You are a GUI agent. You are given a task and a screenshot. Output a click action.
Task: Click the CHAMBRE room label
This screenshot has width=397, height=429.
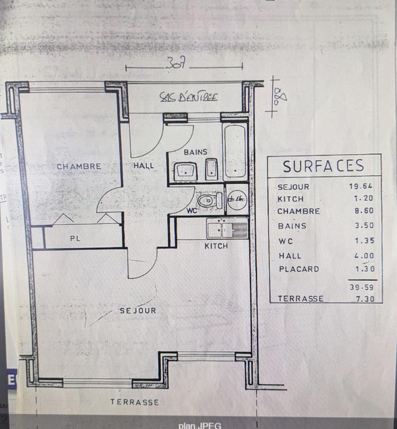point(79,166)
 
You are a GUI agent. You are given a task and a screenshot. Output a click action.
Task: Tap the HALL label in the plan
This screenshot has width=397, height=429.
point(143,166)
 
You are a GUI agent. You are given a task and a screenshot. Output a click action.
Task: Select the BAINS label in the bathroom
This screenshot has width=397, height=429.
point(195,152)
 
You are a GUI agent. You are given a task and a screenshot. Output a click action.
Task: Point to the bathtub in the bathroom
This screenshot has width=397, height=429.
point(235,152)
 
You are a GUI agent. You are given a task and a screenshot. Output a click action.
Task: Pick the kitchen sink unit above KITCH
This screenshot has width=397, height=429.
point(228,229)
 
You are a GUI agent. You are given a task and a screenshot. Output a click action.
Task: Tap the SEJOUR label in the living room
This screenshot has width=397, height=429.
point(138,310)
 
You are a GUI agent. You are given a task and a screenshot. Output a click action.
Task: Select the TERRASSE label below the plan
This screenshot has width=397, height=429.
point(134,402)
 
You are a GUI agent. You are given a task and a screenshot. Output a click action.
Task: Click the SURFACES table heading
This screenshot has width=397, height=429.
point(324,166)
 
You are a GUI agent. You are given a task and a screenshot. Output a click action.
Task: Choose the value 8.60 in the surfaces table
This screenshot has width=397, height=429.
point(362,212)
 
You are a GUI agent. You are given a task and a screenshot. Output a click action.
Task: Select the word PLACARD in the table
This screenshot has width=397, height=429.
point(299,269)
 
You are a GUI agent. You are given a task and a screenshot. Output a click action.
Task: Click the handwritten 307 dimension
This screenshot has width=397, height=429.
point(175,63)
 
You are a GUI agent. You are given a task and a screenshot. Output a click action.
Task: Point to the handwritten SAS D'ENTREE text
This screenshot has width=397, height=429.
point(189,97)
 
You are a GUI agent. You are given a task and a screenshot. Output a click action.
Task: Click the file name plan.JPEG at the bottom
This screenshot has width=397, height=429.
point(199,425)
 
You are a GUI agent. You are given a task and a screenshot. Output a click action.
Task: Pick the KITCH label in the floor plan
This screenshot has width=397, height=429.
point(216,246)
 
